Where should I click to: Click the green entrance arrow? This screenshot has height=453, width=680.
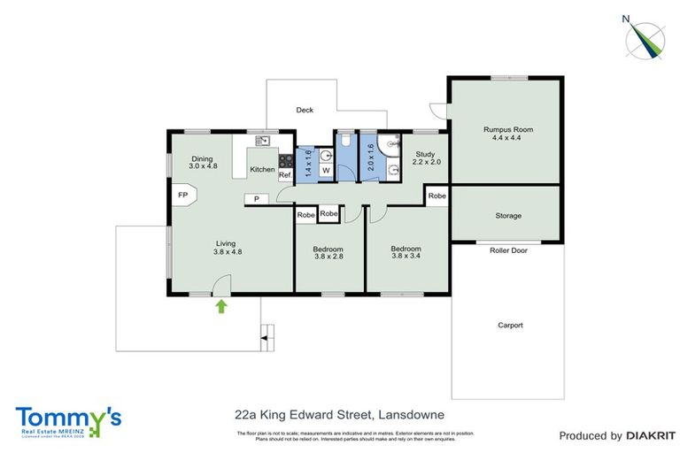221,306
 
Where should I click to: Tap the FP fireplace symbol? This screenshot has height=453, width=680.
182,195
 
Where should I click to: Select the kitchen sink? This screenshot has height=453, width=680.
263,140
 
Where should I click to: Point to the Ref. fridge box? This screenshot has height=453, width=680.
285,175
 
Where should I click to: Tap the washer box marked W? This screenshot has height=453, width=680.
325,170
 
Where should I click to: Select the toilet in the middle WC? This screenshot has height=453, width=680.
345,142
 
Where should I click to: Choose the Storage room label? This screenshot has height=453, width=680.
507,216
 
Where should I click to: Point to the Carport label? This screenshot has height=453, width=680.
509,325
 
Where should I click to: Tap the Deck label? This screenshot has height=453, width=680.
305,111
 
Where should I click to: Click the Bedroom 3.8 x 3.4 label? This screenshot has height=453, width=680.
406,254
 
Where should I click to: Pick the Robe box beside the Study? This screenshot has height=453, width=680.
437,196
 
